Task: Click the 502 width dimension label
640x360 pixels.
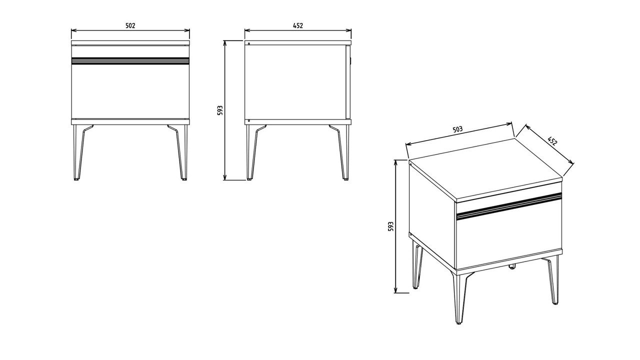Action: tap(130, 25)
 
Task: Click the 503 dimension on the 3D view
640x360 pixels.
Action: tap(457, 129)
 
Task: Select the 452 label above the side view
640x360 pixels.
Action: tap(297, 25)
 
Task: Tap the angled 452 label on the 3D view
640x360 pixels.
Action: tap(552, 141)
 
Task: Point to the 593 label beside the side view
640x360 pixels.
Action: tap(220, 110)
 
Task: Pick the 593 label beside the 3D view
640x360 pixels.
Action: tap(390, 226)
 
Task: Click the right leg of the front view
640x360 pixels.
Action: tap(180, 152)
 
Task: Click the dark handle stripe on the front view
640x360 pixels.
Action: tap(130, 60)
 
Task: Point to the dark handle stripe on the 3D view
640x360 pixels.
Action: tap(509, 205)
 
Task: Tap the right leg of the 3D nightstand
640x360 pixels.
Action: tap(552, 280)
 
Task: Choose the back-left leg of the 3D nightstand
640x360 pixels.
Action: tap(417, 264)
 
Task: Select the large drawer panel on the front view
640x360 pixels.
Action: tap(130, 91)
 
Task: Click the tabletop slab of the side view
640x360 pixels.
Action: tap(297, 43)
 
